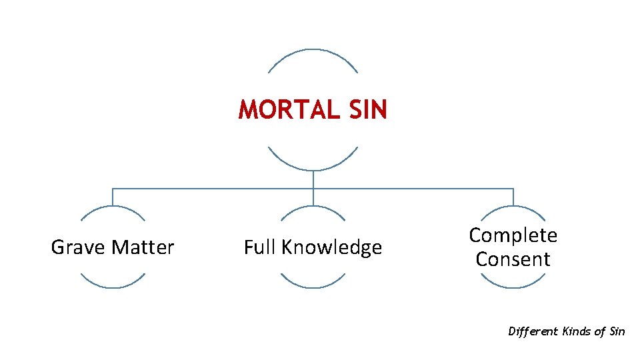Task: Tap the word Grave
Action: click(78, 247)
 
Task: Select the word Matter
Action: click(143, 247)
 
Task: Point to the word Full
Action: click(260, 247)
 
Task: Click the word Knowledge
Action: click(331, 247)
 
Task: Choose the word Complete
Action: click(513, 235)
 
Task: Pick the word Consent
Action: click(513, 259)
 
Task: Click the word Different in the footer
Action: click(533, 331)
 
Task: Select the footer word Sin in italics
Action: click(617, 331)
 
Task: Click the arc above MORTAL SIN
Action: click(313, 50)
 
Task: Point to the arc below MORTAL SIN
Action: click(313, 169)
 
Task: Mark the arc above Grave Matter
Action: click(113, 207)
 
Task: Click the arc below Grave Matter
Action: click(113, 287)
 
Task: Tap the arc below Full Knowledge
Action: click(313, 287)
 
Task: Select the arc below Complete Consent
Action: click(513, 287)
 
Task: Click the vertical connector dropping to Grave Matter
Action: click(113, 197)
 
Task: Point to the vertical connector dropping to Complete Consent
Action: click(513, 197)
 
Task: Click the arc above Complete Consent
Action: click(513, 207)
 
